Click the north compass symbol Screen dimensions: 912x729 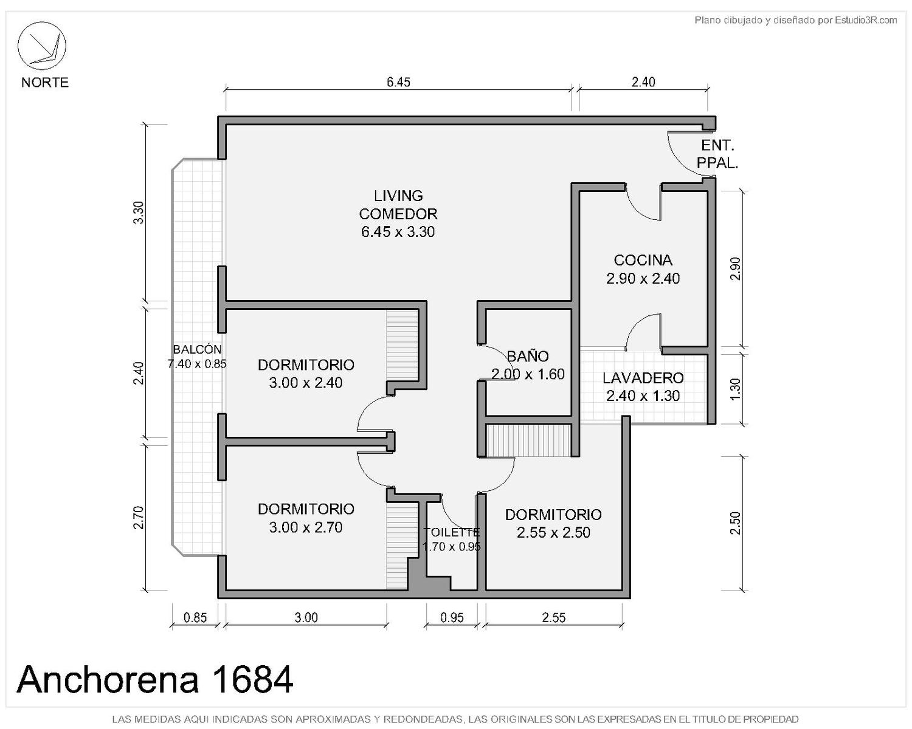point(41,46)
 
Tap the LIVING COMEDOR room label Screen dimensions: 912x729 point(398,213)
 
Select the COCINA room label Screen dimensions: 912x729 point(643,269)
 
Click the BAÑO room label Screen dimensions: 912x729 point(528,364)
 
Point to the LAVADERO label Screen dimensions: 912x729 point(643,386)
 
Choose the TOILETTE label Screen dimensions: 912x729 point(451,539)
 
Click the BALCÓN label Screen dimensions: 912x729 point(197,356)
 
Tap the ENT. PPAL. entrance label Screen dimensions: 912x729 point(717,154)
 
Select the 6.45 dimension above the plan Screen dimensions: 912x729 point(398,82)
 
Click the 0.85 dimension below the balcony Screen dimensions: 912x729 point(195,618)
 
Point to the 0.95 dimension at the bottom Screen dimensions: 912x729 point(452,618)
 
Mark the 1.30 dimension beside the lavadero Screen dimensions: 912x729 point(736,389)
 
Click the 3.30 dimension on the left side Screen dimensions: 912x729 point(139,213)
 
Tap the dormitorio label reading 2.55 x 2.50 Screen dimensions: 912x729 point(553,523)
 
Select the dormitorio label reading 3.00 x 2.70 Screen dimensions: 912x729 point(306,518)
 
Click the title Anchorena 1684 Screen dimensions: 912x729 point(154,679)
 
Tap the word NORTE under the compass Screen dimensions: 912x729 point(45,82)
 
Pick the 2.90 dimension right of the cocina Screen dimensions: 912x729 point(736,269)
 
